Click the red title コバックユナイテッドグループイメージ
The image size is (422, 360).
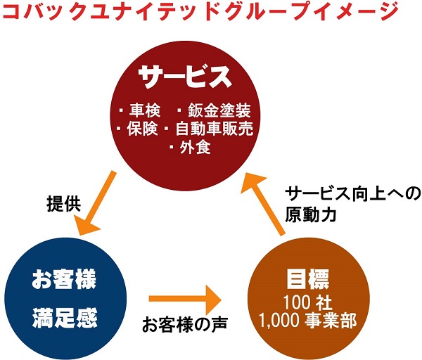click(200, 11)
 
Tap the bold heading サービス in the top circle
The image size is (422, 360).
click(185, 76)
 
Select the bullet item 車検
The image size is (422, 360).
click(145, 110)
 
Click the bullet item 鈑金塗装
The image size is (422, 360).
click(219, 110)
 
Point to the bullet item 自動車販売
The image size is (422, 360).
click(215, 129)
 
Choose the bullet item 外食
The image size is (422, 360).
click(195, 148)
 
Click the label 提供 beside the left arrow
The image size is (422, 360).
click(64, 204)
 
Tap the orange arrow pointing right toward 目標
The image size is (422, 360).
click(185, 299)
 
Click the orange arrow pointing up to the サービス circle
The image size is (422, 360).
click(263, 204)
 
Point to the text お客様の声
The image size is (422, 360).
click(185, 323)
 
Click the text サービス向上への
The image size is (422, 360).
click(352, 194)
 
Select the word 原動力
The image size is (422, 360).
click(311, 214)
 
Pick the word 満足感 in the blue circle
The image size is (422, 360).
click(65, 318)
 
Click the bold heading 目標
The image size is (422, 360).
click(307, 279)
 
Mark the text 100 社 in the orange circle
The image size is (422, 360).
click(307, 302)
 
